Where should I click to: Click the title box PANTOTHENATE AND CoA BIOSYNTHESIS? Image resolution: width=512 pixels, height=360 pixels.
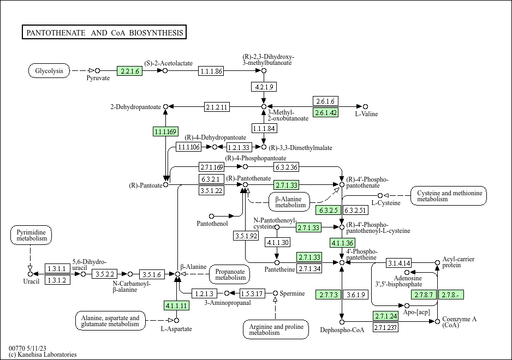[105, 33]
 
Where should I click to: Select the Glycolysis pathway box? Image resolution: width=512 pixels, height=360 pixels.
[49, 71]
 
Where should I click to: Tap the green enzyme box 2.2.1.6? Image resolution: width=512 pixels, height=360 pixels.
[129, 71]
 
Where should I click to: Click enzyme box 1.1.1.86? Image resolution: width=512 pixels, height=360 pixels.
[211, 71]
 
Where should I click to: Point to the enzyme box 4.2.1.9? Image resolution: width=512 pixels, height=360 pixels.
[264, 87]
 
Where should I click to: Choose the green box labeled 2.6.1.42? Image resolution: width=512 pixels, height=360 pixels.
[326, 112]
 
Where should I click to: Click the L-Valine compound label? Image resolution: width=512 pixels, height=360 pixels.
[366, 114]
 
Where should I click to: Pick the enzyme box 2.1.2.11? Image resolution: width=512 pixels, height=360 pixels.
[217, 106]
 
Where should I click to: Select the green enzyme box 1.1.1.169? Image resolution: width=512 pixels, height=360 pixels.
[165, 131]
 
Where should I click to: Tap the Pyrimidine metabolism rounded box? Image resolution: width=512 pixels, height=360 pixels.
[31, 236]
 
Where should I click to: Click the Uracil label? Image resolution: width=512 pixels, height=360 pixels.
[31, 281]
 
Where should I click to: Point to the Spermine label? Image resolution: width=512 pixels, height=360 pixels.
[293, 293]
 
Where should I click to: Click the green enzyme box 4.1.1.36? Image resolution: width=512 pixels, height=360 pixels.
[343, 243]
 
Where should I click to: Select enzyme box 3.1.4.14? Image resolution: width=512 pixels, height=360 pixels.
[399, 263]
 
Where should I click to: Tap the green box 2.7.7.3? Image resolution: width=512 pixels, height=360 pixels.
[328, 295]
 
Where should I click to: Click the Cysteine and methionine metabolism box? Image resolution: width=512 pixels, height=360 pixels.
[450, 196]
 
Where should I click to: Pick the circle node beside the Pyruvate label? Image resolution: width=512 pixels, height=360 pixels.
[98, 70]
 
